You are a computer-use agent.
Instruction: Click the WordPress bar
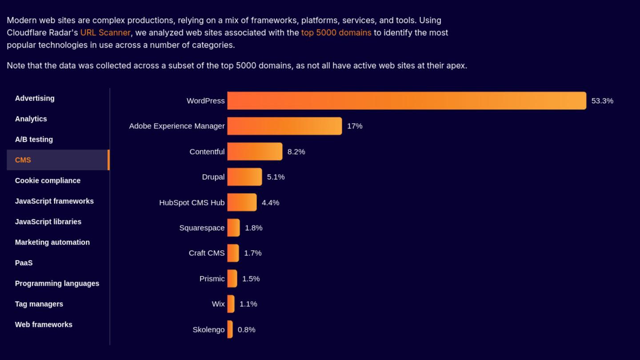coord(406,100)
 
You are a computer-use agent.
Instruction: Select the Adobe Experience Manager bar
coord(284,126)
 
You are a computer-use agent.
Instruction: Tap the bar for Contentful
coord(255,152)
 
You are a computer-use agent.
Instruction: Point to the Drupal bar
coord(244,177)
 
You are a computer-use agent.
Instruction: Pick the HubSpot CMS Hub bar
coord(242,202)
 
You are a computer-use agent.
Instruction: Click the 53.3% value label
coord(602,101)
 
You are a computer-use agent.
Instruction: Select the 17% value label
coord(355,126)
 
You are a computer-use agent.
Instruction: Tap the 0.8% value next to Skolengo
coord(247,330)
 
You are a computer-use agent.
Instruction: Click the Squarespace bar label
coord(202,228)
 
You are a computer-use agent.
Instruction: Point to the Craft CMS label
coord(207,253)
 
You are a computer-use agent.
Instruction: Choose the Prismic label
coord(212,279)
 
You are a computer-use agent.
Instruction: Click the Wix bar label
coord(218,304)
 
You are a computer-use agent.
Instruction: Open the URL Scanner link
coord(105,32)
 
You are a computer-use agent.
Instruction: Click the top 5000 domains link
coord(336,32)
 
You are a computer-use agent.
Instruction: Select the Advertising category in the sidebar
coord(35,98)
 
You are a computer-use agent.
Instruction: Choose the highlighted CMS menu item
coord(23,160)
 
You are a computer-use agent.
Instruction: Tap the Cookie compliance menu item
coord(48,180)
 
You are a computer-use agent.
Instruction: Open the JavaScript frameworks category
coord(54,201)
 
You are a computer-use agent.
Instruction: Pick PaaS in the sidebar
coord(24,263)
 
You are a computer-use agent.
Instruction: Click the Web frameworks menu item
coord(44,324)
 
